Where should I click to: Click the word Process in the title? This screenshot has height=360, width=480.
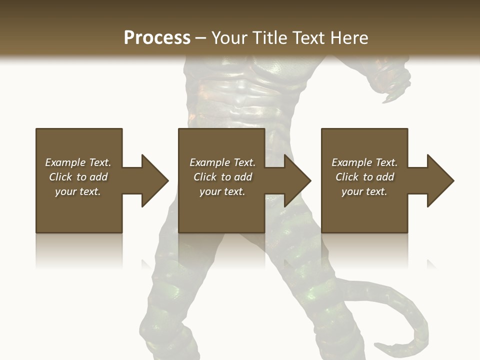157,38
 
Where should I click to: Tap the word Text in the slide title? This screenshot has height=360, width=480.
307,38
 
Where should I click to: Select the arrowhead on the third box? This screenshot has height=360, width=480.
439,180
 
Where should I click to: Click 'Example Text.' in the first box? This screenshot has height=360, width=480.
78,162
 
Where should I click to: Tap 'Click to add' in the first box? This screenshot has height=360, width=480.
78,177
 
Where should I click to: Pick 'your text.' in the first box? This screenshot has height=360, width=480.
78,191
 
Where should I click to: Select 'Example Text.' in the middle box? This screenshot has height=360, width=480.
222,162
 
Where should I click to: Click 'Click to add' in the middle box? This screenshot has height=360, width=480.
222,177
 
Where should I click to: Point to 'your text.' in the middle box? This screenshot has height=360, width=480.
222,191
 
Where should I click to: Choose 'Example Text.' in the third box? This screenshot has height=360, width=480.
364,162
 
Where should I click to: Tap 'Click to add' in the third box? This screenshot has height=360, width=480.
364,177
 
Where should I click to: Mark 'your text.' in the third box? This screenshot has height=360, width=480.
364,191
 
